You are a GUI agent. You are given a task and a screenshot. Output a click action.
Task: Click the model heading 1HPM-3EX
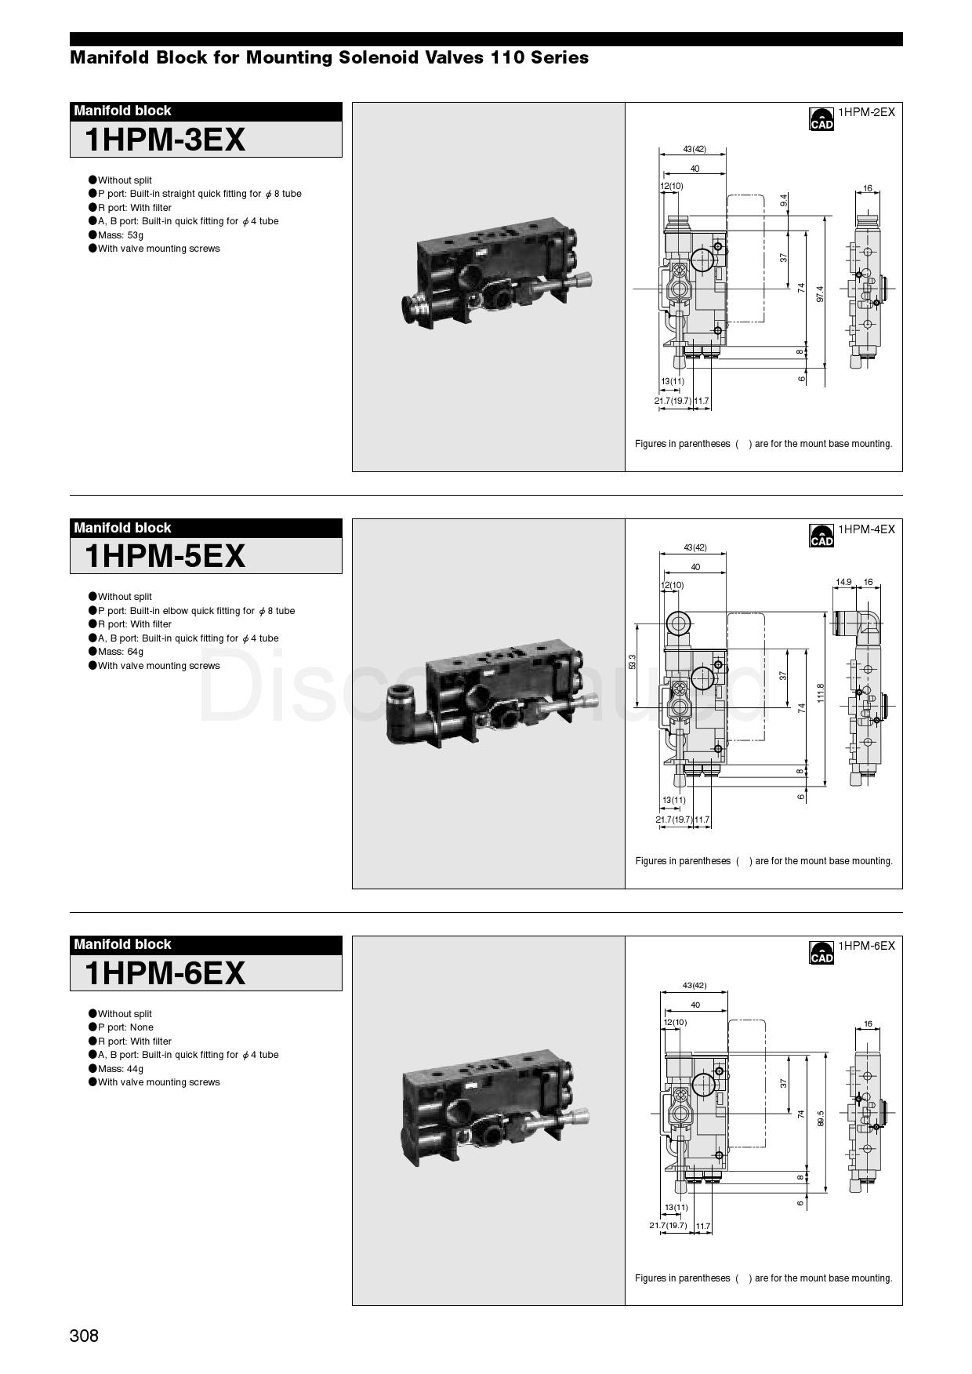[x=165, y=140]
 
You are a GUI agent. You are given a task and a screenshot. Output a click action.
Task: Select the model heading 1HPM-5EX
[x=165, y=556]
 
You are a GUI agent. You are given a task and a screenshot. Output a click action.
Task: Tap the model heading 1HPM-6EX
[x=165, y=973]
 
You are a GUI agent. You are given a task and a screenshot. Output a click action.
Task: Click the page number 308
[x=85, y=1336]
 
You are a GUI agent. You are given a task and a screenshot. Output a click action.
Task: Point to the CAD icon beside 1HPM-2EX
[x=821, y=118]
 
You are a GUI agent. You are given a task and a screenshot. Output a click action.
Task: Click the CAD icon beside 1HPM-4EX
[x=821, y=536]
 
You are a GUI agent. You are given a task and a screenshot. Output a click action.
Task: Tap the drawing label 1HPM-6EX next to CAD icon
[x=866, y=946]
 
